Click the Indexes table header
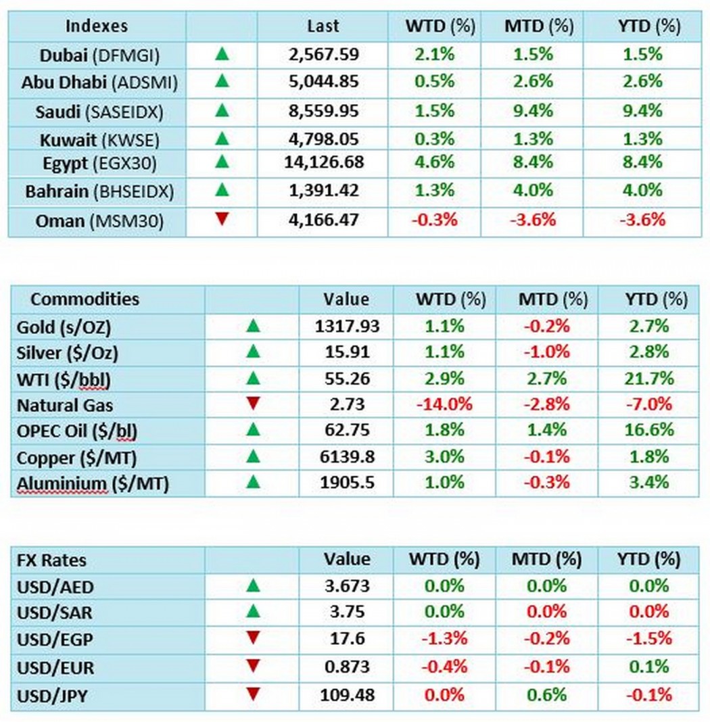point(97,26)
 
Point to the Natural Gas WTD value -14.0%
point(444,404)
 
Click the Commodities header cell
point(85,299)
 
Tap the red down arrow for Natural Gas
point(253,404)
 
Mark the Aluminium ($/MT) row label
point(93,483)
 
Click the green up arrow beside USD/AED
point(253,585)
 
